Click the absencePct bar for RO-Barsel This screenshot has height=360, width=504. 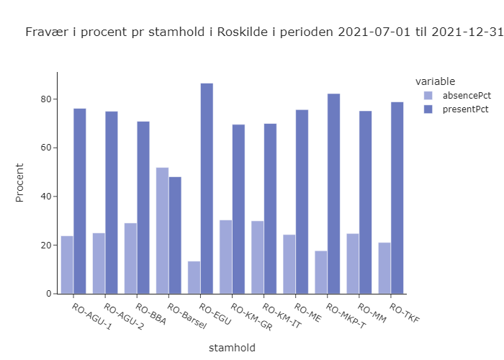coord(162,230)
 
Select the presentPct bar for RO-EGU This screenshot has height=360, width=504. coord(207,189)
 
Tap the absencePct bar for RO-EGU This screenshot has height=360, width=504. coord(194,277)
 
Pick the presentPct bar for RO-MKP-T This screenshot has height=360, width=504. coord(333,194)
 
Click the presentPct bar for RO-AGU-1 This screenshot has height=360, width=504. coord(79,201)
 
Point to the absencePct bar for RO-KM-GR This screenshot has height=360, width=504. coord(225,256)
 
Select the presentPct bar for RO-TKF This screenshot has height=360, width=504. coord(397,198)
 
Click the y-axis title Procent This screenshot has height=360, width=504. coord(20,183)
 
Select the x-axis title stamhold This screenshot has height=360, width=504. coord(232,348)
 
